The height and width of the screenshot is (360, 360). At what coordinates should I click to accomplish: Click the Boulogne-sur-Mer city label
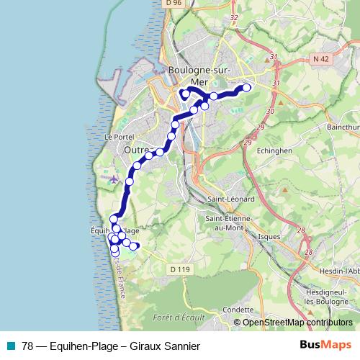[x=195, y=75]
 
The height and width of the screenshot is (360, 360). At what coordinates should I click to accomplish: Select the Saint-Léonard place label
[x=228, y=199]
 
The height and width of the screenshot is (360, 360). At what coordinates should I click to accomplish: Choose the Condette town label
[x=238, y=310]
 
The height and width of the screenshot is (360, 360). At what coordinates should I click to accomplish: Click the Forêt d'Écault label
[x=179, y=317]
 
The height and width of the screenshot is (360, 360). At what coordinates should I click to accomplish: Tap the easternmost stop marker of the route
[x=247, y=88]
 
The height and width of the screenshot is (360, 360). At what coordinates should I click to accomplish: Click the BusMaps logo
[x=325, y=346]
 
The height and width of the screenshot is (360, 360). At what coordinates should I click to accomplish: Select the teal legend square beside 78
[x=11, y=346]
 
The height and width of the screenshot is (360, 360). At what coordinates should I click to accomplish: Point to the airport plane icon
[x=112, y=177]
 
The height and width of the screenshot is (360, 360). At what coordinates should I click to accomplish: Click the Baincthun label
[x=343, y=127]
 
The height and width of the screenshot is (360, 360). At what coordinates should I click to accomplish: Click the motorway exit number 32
[x=233, y=17]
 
